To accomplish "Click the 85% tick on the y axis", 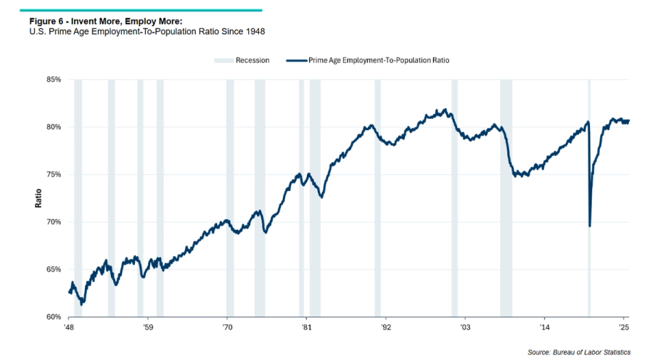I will pos(52,79).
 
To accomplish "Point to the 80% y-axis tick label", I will pos(52,127).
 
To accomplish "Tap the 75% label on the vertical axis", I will pos(52,174).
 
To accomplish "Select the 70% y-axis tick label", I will pos(52,222).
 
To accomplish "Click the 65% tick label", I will pos(52,269).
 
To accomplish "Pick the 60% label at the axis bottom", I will pos(52,317).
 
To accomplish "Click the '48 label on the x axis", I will pos(69,329).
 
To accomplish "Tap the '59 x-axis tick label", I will pos(148,329).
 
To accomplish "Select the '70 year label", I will pos(227,329).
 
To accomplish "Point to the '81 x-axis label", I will pos(306,329).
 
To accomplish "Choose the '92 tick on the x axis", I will pos(386,329).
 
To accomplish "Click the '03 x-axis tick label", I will pos(465,329).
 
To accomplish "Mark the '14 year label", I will pos(544,329).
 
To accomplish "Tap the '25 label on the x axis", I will pos(623,329).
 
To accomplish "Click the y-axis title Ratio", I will pos(38,198).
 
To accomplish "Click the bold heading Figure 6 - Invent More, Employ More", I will pos(110,22).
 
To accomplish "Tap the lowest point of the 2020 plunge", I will pos(589,226).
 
